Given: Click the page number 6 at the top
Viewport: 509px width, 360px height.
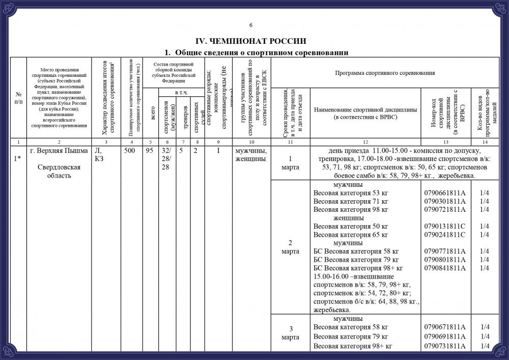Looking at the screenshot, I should coord(251,25).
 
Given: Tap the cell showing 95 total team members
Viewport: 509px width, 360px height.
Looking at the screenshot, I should coord(150,151).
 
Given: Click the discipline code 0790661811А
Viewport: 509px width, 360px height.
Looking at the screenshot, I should coord(444,193).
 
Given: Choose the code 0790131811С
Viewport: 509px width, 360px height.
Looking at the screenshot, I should coord(444,226).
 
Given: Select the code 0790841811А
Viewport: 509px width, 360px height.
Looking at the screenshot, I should coord(444,268).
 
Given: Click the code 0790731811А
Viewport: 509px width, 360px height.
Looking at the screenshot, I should coord(444,346).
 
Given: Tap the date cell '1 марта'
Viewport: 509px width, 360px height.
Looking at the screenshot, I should coord(290,163).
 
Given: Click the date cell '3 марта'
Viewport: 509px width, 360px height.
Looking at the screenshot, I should coord(290,333).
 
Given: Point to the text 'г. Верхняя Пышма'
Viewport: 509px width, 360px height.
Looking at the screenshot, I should coord(60,151).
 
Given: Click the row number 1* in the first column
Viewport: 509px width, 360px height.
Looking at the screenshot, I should coord(18,158).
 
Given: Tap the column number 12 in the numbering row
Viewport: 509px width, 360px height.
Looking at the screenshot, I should coord(365,141).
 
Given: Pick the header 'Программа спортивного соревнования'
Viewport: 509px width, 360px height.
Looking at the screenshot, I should coord(384,73).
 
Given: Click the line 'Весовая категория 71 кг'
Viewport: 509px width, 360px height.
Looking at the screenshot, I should coord(351,201).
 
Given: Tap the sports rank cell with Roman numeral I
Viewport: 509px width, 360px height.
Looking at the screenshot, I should coord(218,151).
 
